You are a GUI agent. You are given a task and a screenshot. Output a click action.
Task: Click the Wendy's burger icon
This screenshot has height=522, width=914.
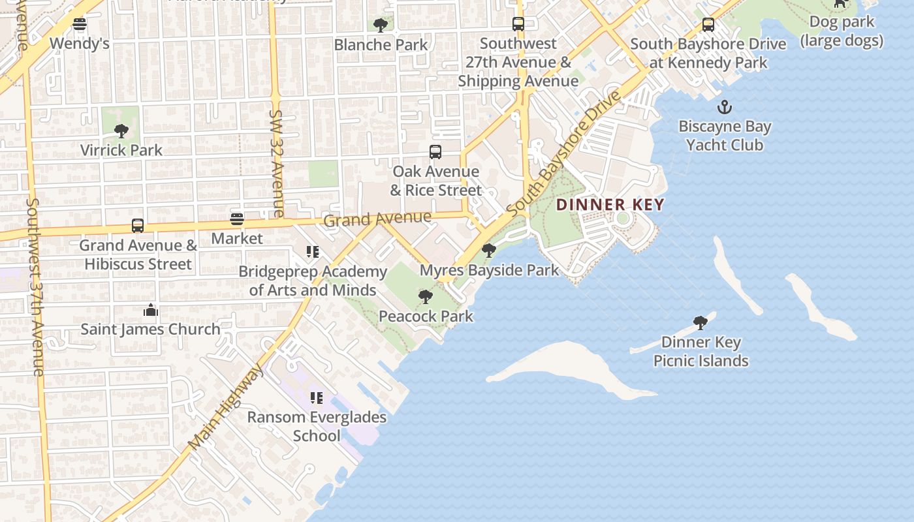click(80, 25)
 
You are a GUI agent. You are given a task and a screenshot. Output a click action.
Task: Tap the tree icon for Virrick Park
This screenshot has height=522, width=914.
click(121, 131)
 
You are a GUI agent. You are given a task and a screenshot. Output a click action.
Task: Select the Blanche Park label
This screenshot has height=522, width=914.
click(381, 45)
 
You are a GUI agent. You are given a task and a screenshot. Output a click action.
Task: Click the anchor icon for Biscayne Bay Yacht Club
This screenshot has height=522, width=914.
click(724, 107)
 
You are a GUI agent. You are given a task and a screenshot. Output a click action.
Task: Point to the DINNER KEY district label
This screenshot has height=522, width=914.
click(610, 205)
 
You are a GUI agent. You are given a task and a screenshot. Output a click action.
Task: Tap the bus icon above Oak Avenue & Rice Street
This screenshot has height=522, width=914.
click(435, 152)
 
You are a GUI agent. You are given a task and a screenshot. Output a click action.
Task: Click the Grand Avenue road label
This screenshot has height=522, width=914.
click(377, 219)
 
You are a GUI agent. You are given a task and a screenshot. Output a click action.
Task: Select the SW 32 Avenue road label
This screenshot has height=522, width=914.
click(276, 163)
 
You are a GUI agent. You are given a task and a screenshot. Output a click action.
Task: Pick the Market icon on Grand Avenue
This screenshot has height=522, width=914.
click(237, 219)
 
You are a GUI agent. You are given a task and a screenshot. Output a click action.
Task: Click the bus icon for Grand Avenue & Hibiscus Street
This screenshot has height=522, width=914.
click(138, 226)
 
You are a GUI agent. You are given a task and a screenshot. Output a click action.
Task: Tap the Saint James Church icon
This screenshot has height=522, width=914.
click(151, 310)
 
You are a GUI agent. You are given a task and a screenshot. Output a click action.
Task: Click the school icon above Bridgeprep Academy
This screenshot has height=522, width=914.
click(313, 252)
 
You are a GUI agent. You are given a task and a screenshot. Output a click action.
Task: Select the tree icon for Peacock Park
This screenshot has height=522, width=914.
click(426, 297)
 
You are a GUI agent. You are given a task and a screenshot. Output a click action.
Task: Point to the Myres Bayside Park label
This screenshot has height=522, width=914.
click(489, 270)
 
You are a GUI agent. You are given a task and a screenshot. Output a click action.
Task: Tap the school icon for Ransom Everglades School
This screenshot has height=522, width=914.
click(317, 398)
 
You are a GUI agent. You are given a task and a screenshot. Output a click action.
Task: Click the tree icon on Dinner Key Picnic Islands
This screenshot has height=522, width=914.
click(701, 322)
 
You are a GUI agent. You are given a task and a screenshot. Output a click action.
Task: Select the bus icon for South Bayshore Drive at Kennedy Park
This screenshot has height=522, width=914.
click(708, 25)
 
